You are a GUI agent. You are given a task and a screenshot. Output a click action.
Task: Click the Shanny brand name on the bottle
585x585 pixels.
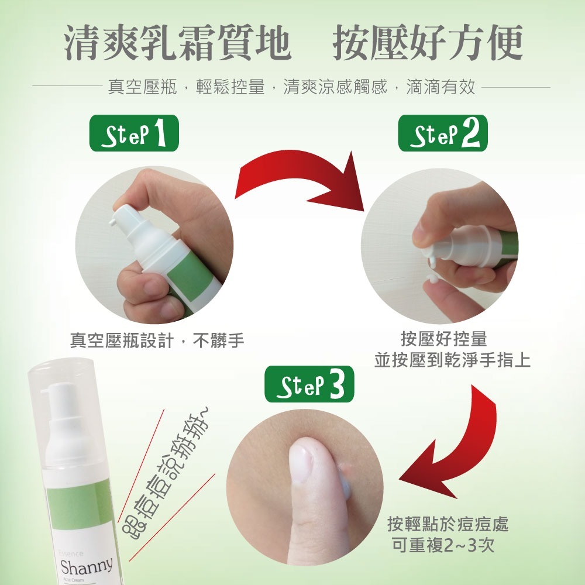coord(86,566)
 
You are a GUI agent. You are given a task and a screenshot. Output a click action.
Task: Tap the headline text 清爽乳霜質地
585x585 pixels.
coord(178,44)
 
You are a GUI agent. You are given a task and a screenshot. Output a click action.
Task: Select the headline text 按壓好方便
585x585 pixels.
coord(427,44)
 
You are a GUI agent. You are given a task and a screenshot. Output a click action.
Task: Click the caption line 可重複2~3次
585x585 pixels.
coord(444,545)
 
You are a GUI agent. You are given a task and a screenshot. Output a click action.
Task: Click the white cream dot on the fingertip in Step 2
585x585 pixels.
coord(433,280)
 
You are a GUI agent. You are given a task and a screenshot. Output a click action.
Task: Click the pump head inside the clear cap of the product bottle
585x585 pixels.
coord(61,404)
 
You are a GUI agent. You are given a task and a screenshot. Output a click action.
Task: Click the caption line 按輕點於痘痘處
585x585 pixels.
coord(448,524)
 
